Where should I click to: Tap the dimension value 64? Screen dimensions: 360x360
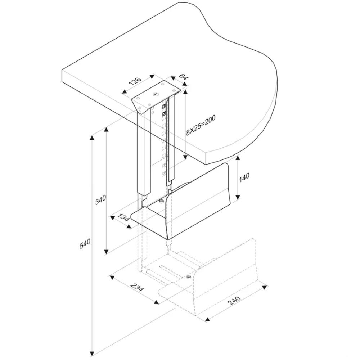[183, 77]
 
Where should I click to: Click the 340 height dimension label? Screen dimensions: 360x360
[101, 199]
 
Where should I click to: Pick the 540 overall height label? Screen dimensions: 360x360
[85, 243]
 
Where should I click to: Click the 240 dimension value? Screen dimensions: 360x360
[234, 301]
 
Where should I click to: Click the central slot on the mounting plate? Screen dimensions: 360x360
[156, 94]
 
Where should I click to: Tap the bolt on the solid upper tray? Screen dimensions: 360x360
[161, 201]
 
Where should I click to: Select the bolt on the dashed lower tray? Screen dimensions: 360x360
[189, 276]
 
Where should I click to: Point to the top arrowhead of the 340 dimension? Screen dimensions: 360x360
[106, 130]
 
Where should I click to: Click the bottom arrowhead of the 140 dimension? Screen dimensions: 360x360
[238, 197]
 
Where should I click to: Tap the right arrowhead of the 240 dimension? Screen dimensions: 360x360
[265, 287]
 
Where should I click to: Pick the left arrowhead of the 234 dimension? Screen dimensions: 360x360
[112, 278]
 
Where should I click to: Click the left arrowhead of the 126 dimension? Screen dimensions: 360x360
[125, 92]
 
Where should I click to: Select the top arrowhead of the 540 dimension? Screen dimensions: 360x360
[92, 138]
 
